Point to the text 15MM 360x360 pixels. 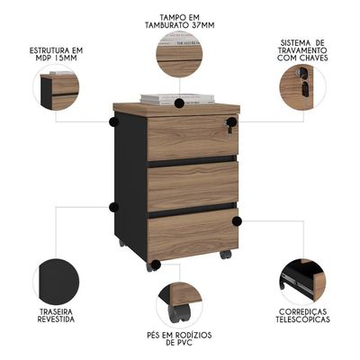coord(64,58)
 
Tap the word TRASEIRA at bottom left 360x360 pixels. coord(55,312)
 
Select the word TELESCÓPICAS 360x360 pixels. coord(302,319)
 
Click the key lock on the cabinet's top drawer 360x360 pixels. coord(230,124)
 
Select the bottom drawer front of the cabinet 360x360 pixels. coord(193,233)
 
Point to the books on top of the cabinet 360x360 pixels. coord(177,99)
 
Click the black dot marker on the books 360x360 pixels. coord(179,103)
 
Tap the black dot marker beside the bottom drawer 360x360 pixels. coord(237,221)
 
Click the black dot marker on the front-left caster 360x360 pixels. coord(156,265)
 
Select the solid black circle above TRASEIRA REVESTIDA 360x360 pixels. coord(56,282)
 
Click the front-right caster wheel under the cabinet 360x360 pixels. coord(226,255)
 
